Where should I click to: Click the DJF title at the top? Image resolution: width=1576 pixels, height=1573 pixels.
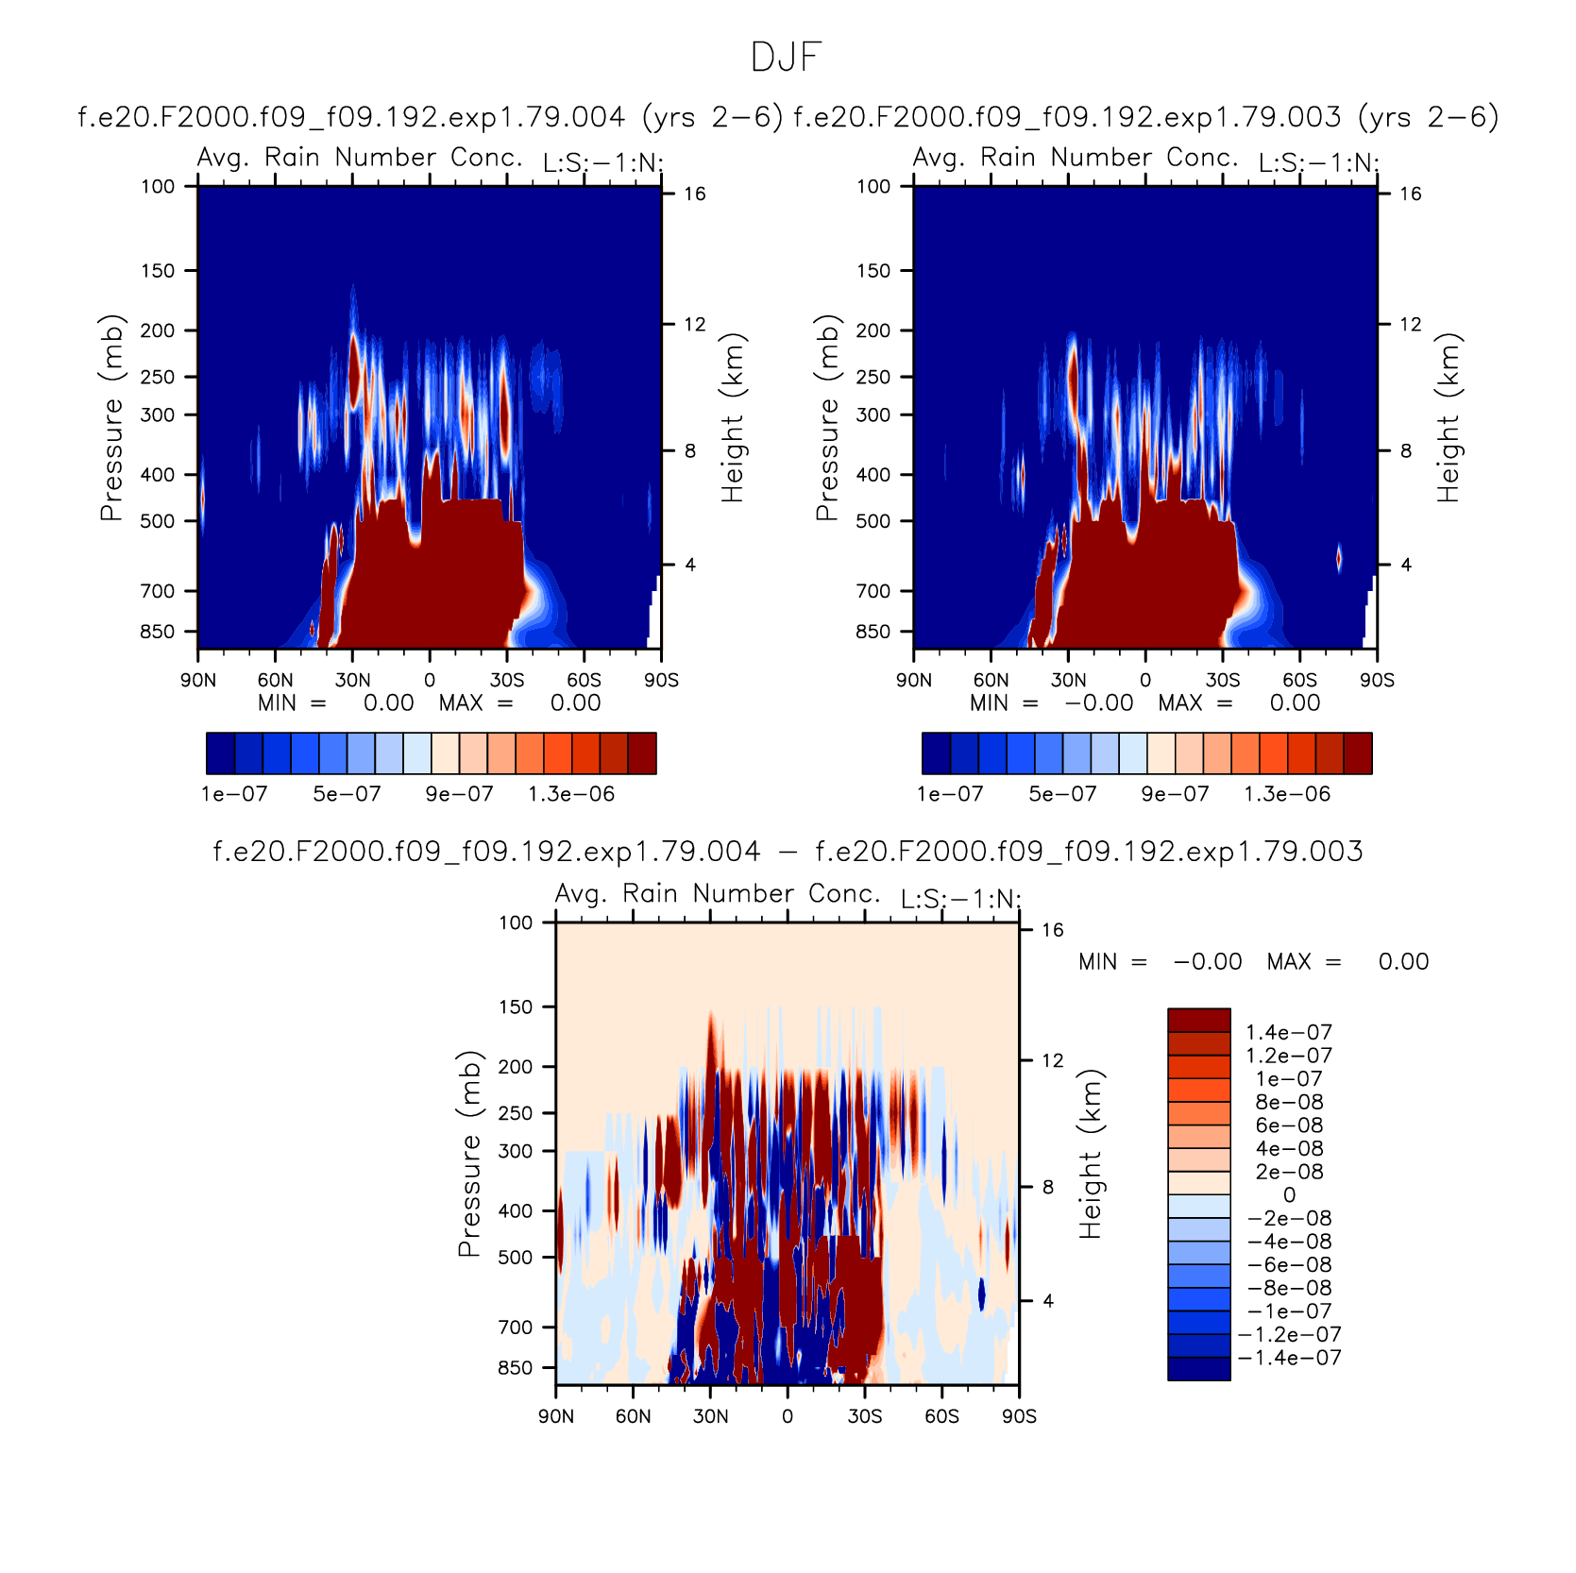click(x=786, y=58)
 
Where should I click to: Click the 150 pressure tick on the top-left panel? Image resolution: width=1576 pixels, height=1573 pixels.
click(x=158, y=271)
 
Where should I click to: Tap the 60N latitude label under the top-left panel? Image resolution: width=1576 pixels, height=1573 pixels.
click(x=275, y=680)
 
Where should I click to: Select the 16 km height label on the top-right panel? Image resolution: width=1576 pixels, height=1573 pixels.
click(x=1410, y=194)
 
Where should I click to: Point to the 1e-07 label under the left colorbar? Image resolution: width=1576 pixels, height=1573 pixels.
click(x=234, y=794)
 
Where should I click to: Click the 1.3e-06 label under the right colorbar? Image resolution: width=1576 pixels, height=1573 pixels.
click(x=1287, y=794)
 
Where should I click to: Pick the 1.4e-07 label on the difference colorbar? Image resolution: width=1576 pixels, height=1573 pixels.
click(x=1289, y=1032)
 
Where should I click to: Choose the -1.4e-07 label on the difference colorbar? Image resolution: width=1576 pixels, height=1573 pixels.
click(x=1289, y=1358)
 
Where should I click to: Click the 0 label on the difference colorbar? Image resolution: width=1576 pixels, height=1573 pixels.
click(x=1289, y=1195)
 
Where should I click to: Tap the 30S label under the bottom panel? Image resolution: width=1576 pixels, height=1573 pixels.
click(x=865, y=1416)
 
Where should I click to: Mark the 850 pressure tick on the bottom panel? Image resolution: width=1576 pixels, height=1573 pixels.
click(x=516, y=1368)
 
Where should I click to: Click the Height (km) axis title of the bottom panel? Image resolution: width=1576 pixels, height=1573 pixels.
click(x=1091, y=1154)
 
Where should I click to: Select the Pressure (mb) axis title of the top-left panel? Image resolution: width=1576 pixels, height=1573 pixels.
click(x=111, y=417)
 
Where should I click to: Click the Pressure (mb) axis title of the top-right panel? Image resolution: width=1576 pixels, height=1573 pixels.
click(x=827, y=417)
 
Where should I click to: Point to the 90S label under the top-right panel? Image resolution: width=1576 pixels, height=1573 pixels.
click(x=1377, y=680)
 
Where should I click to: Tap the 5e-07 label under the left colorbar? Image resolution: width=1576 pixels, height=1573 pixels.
click(x=347, y=794)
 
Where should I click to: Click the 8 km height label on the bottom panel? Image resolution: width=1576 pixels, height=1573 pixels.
click(x=1048, y=1187)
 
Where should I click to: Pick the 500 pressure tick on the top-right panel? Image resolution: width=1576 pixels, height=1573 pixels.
click(x=873, y=521)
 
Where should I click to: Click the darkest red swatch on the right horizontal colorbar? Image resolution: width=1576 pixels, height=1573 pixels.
click(x=1358, y=753)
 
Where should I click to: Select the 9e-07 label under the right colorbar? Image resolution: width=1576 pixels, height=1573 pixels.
click(x=1175, y=794)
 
